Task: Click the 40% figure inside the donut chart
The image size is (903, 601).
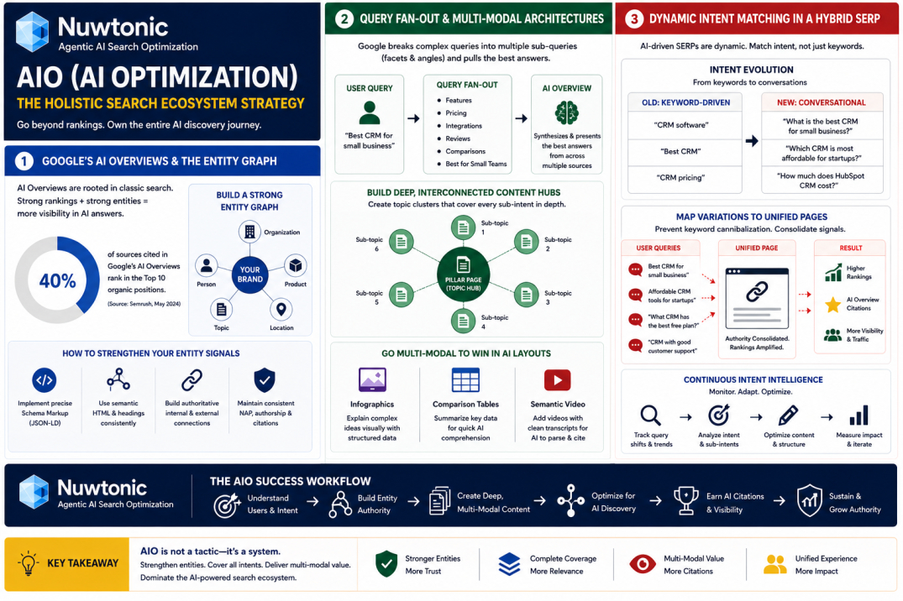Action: (58, 281)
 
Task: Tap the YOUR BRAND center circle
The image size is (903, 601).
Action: (250, 274)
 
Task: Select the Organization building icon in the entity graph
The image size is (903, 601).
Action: (249, 232)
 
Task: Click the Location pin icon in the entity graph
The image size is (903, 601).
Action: (281, 309)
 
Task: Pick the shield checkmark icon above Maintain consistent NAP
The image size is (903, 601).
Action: (265, 380)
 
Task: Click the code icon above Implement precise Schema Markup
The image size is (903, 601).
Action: (45, 380)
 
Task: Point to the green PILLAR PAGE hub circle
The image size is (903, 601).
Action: (463, 274)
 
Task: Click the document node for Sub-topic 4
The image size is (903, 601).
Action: (463, 320)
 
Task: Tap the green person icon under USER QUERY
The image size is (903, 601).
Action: (369, 112)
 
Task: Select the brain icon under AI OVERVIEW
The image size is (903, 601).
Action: (567, 112)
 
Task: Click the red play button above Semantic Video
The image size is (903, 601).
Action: (558, 380)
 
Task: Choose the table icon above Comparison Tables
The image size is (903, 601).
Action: (465, 380)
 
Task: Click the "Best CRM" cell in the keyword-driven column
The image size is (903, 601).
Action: (685, 151)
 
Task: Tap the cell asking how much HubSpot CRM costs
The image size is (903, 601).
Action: (822, 180)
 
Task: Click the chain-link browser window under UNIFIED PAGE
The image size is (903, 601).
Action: (757, 297)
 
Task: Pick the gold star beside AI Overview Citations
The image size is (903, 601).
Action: (832, 305)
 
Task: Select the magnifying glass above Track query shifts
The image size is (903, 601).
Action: (650, 415)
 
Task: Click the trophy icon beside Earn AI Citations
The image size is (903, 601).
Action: (686, 500)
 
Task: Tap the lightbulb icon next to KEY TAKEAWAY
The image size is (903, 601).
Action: (28, 563)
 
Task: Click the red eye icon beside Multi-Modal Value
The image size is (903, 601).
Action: (642, 564)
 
